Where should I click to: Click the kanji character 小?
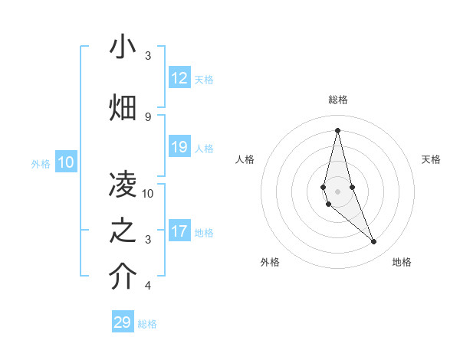click(x=123, y=47)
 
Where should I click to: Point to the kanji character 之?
click(x=123, y=231)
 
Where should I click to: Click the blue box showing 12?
click(x=179, y=78)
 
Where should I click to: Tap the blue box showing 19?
click(x=179, y=147)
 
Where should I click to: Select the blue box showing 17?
click(x=179, y=231)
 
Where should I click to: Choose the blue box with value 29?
click(x=123, y=322)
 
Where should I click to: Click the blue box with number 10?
click(x=67, y=162)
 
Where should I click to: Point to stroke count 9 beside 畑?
click(x=148, y=116)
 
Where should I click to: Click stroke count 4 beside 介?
click(x=148, y=286)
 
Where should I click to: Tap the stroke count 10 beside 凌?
click(x=148, y=193)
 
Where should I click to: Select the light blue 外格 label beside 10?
click(x=41, y=163)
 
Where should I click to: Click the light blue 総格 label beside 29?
click(x=148, y=324)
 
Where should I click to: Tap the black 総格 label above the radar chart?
click(x=337, y=100)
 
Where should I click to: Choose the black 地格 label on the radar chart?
click(x=402, y=262)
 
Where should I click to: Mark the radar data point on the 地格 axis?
click(x=374, y=242)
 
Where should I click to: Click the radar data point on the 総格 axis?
click(x=337, y=130)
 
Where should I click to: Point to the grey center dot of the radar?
click(x=337, y=191)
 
